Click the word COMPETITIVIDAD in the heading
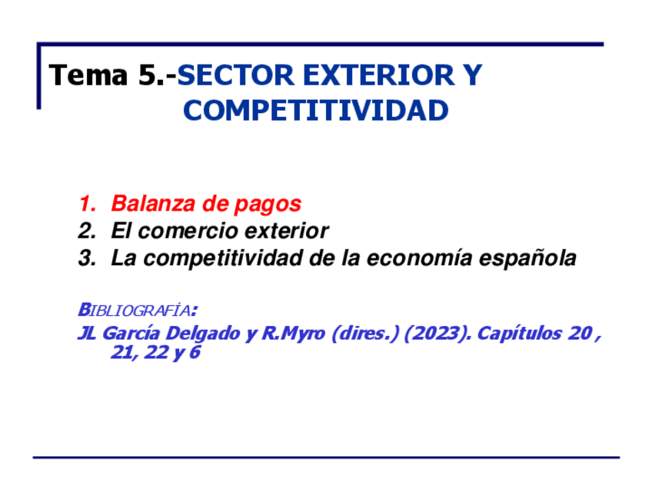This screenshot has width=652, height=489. (x=315, y=111)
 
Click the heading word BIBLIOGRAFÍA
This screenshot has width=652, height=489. (x=135, y=310)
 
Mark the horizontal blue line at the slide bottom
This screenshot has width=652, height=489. (x=326, y=457)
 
